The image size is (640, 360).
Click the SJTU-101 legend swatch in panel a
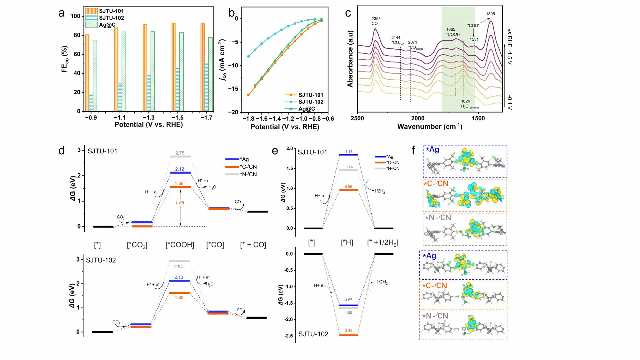click(x=92, y=11)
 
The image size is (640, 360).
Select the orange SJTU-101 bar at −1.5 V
click(x=174, y=67)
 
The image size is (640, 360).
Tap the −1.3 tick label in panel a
click(x=149, y=118)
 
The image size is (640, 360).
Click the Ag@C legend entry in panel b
click(x=307, y=109)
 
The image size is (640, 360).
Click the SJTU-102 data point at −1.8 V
click(x=248, y=57)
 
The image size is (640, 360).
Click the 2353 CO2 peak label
click(x=376, y=21)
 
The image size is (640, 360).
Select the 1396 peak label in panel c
click(x=490, y=14)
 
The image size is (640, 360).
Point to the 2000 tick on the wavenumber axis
click(x=418, y=118)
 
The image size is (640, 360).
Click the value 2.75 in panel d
click(x=180, y=153)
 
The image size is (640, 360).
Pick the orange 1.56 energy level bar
click(x=180, y=187)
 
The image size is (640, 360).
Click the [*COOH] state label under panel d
click(x=180, y=245)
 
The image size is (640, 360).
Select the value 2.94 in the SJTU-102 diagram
click(x=178, y=267)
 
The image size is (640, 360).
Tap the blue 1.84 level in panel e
click(x=349, y=155)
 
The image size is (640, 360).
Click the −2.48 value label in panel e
click(x=348, y=331)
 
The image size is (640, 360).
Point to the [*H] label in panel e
click(x=347, y=243)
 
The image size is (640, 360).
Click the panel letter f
click(x=413, y=150)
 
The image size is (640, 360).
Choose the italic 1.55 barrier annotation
click(x=180, y=203)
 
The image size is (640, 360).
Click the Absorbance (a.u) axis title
click(x=350, y=59)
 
